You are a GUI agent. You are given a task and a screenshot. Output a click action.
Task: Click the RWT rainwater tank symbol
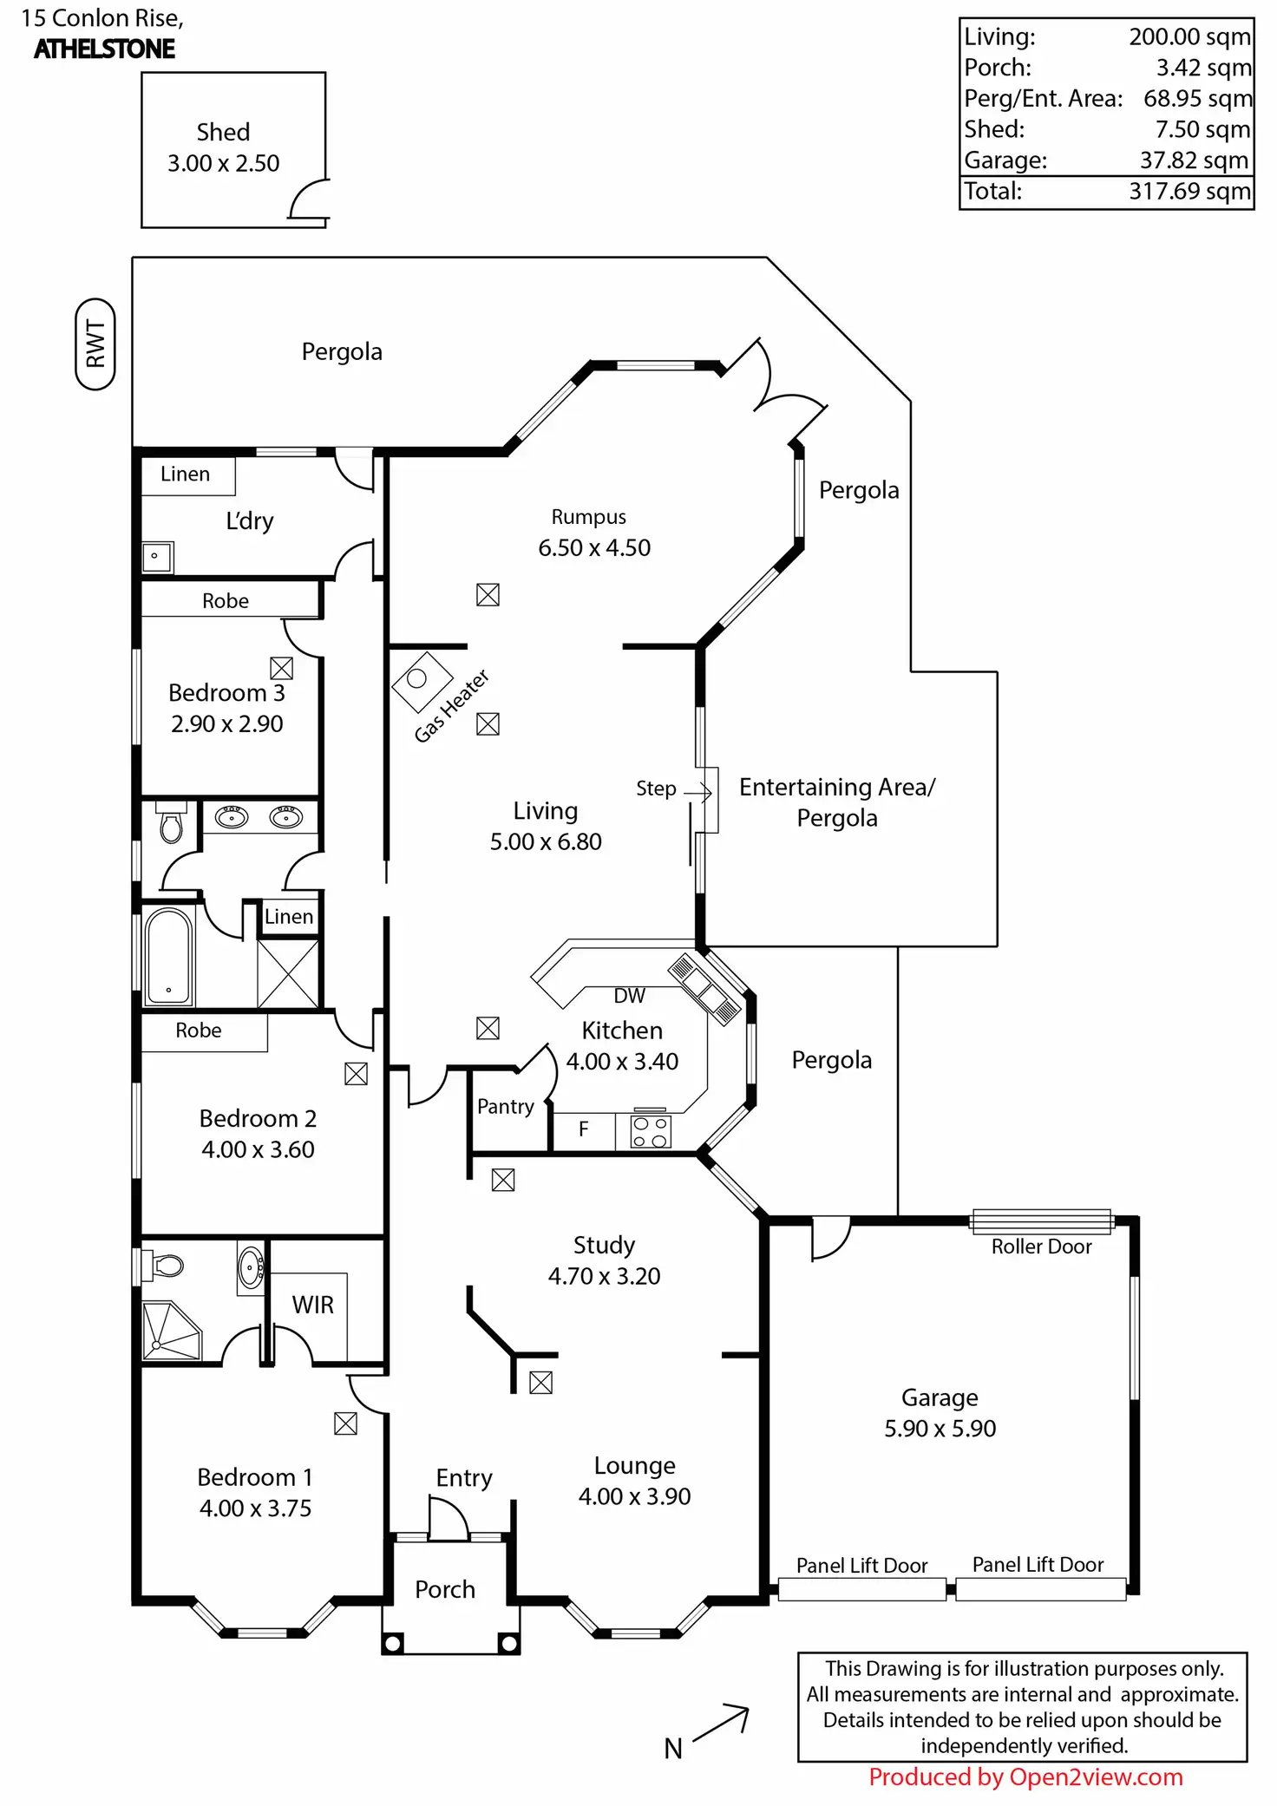tap(95, 344)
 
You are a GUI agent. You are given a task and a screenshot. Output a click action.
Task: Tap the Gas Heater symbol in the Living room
tap(422, 681)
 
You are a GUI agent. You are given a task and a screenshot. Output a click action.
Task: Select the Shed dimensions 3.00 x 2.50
tap(224, 163)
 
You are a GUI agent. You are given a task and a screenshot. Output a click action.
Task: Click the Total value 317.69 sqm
tap(1189, 191)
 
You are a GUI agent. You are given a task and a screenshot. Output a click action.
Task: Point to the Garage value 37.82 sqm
tap(1194, 160)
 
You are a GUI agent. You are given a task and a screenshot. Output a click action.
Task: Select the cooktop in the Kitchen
tap(650, 1131)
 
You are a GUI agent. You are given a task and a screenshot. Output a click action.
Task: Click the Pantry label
tap(506, 1106)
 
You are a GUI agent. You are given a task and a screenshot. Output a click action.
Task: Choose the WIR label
tap(312, 1305)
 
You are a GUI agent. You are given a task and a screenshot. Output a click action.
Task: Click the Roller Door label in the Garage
tap(1041, 1247)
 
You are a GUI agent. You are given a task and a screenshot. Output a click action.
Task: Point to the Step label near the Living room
tap(656, 788)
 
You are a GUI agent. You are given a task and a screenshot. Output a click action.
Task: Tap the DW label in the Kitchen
tap(630, 996)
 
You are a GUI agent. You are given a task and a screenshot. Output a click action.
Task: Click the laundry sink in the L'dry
tap(157, 557)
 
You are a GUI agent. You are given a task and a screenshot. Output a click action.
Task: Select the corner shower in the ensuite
tap(171, 1331)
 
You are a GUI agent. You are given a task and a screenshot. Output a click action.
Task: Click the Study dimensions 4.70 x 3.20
tap(604, 1276)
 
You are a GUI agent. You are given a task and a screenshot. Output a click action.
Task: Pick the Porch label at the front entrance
tap(445, 1589)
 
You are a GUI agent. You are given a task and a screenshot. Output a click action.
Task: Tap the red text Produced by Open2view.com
tap(1025, 1777)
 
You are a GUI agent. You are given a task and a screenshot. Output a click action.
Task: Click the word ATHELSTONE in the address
tap(105, 49)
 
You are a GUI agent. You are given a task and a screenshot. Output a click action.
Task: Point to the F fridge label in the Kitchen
tap(583, 1129)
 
